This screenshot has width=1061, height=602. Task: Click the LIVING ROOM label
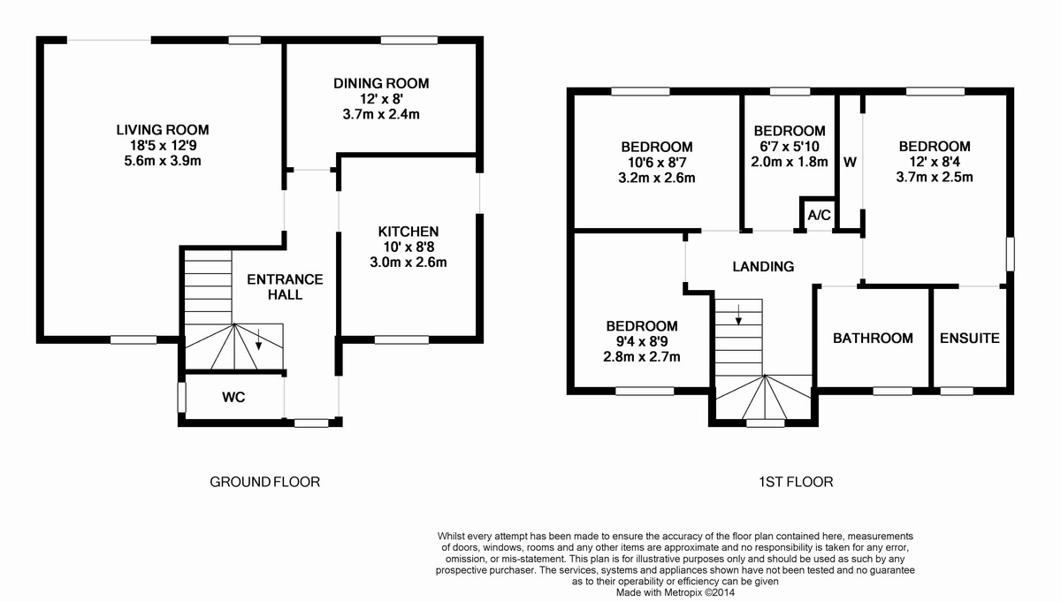[163, 129]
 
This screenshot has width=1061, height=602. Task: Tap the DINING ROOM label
[381, 83]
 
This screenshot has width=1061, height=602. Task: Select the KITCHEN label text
[408, 232]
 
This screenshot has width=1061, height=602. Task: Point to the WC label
[233, 398]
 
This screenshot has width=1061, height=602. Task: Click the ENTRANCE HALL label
[285, 287]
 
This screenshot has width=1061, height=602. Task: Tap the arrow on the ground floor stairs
[258, 339]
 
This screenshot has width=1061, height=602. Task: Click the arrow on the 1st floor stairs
[738, 315]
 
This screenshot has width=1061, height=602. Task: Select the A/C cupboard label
[819, 216]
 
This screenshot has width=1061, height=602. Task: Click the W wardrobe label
[850, 163]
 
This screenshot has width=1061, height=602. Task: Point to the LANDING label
[763, 267]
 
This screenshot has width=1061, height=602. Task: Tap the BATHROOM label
[873, 339]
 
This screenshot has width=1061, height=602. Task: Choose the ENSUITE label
[970, 339]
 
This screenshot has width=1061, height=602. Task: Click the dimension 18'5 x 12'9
[163, 145]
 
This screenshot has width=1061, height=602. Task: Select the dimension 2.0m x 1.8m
[790, 162]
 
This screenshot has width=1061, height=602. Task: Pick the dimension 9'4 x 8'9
[642, 341]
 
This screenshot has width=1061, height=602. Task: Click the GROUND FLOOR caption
[264, 482]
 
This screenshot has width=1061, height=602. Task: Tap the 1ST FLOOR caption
[796, 482]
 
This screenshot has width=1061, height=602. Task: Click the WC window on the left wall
[182, 397]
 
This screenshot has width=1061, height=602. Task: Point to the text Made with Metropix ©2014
[676, 592]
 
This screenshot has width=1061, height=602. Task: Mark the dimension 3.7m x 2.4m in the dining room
[381, 115]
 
